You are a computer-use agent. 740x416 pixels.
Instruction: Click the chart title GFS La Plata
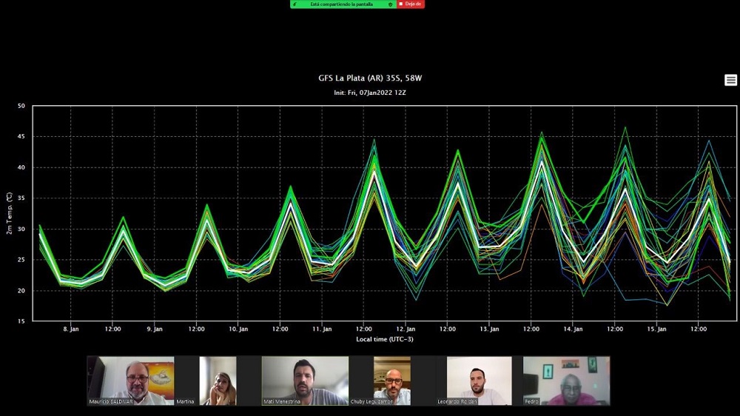[369, 78]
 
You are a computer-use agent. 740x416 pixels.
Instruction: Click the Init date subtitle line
[369, 93]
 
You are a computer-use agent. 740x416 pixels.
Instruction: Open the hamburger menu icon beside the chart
[730, 80]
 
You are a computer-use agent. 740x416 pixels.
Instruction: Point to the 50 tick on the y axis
[21, 106]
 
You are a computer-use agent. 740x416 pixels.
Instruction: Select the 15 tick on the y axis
[21, 321]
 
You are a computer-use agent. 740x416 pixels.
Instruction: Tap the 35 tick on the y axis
[21, 198]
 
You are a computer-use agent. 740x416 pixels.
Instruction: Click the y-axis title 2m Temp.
[9, 213]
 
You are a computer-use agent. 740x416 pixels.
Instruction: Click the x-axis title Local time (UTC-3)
[385, 339]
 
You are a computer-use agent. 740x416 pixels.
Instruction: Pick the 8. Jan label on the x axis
[71, 329]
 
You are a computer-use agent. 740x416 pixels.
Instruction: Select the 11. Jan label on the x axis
[322, 329]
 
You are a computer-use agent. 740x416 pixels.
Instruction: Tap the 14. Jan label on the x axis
[573, 329]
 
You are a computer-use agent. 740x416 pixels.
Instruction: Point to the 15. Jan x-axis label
[656, 329]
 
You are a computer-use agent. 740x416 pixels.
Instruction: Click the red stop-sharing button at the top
[411, 4]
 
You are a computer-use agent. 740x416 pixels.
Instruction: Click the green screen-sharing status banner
[343, 4]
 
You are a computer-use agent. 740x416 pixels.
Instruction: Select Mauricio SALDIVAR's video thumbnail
[130, 380]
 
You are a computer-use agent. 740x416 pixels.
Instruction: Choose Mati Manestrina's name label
[281, 401]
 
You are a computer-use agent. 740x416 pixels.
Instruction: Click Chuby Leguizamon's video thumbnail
[391, 380]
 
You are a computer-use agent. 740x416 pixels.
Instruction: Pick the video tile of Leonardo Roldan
[479, 380]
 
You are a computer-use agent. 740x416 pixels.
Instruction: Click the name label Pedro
[531, 401]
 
